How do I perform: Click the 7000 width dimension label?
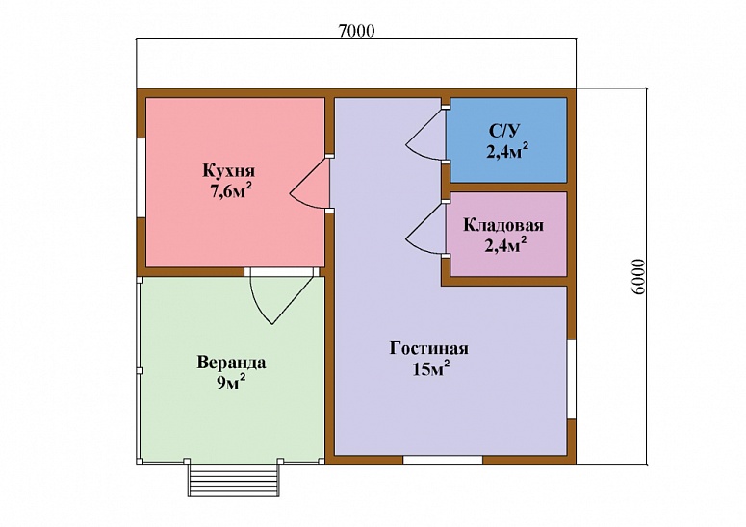click(x=357, y=31)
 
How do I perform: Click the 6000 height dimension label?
click(x=639, y=277)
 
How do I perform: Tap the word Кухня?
click(x=229, y=170)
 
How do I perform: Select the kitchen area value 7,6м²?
click(x=231, y=191)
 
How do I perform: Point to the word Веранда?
click(x=231, y=363)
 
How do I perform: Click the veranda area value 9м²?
click(x=231, y=382)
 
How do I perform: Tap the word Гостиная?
click(x=428, y=348)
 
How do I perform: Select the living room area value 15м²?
click(x=431, y=368)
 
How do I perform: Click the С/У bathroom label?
click(x=504, y=131)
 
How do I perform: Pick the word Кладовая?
click(x=503, y=225)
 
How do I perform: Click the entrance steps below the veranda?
click(x=233, y=481)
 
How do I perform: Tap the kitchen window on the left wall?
click(x=141, y=178)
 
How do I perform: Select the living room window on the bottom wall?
click(x=443, y=460)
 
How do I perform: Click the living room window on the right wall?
click(x=572, y=379)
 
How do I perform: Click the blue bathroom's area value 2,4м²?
click(x=507, y=152)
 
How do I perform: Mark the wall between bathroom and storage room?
click(x=504, y=188)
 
